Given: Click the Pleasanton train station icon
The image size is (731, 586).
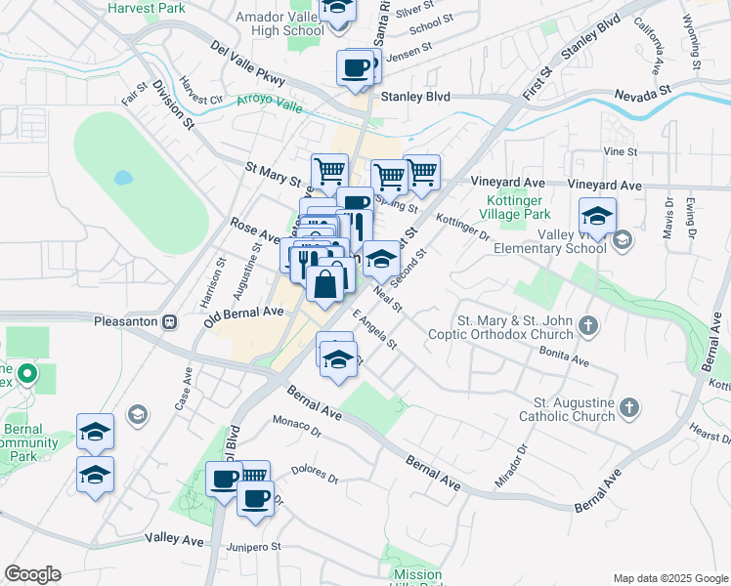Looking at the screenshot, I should click(169, 320).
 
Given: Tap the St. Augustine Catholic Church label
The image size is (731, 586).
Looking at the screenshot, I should click(573, 409).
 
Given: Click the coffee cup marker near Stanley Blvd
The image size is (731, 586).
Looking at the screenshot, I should click(354, 68).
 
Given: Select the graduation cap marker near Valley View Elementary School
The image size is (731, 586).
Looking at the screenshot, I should click(596, 216).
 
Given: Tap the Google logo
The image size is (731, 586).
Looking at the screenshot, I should click(32, 574).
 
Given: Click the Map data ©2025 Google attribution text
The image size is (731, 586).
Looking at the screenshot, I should click(669, 578).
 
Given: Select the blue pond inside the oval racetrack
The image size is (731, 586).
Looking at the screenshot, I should click(122, 179).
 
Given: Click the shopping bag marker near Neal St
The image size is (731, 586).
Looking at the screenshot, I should click(326, 283).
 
